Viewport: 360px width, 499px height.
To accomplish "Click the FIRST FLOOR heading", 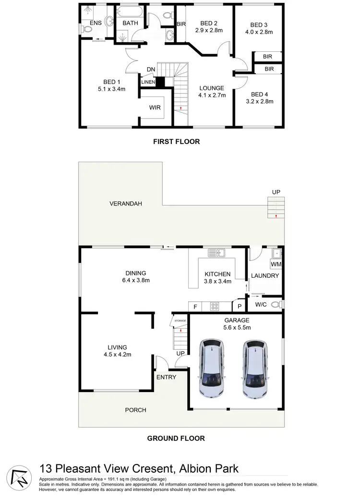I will coord(176,142).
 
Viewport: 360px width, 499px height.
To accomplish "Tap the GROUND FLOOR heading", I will coord(176,438).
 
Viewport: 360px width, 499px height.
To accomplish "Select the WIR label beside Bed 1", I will coord(155,108).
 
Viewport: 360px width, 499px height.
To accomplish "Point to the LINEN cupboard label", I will coord(148,82).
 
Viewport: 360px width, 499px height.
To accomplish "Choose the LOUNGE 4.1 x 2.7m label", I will coord(212,91).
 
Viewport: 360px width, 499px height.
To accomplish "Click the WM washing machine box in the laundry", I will coord(276,264).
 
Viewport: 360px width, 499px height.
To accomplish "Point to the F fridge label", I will coord(195,306).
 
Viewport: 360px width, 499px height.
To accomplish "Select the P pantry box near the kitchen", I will coord(239,306).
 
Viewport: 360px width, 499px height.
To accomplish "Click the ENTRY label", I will coord(166,377).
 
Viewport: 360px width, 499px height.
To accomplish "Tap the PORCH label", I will coord(135,410).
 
